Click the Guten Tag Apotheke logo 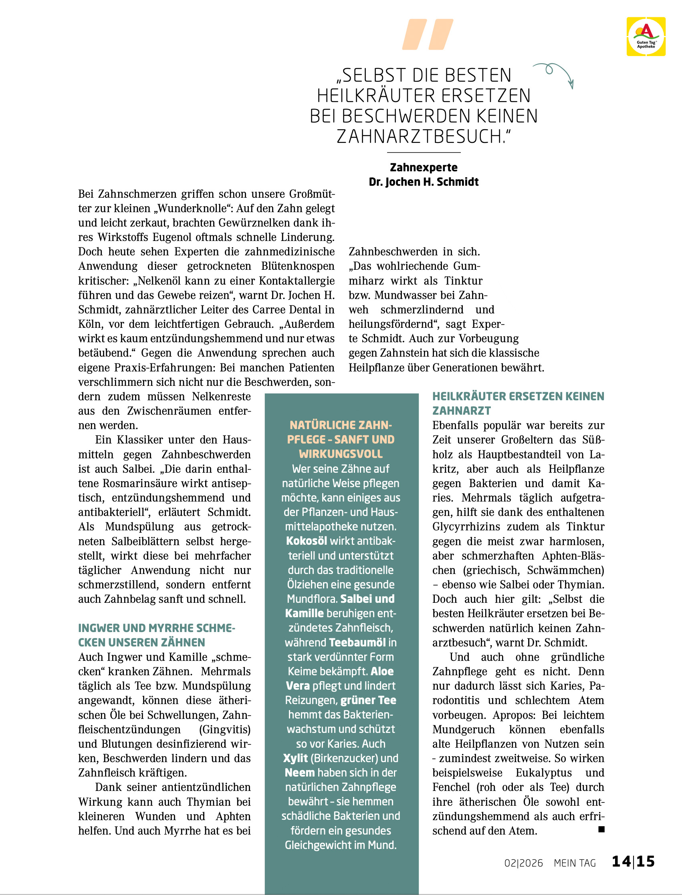pos(646,36)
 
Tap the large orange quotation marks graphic pos(428,34)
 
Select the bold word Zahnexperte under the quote pos(424,167)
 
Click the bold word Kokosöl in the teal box pos(307,541)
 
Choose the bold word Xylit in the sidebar pos(295,759)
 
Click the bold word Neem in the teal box pos(300,773)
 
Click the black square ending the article pos(601,829)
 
